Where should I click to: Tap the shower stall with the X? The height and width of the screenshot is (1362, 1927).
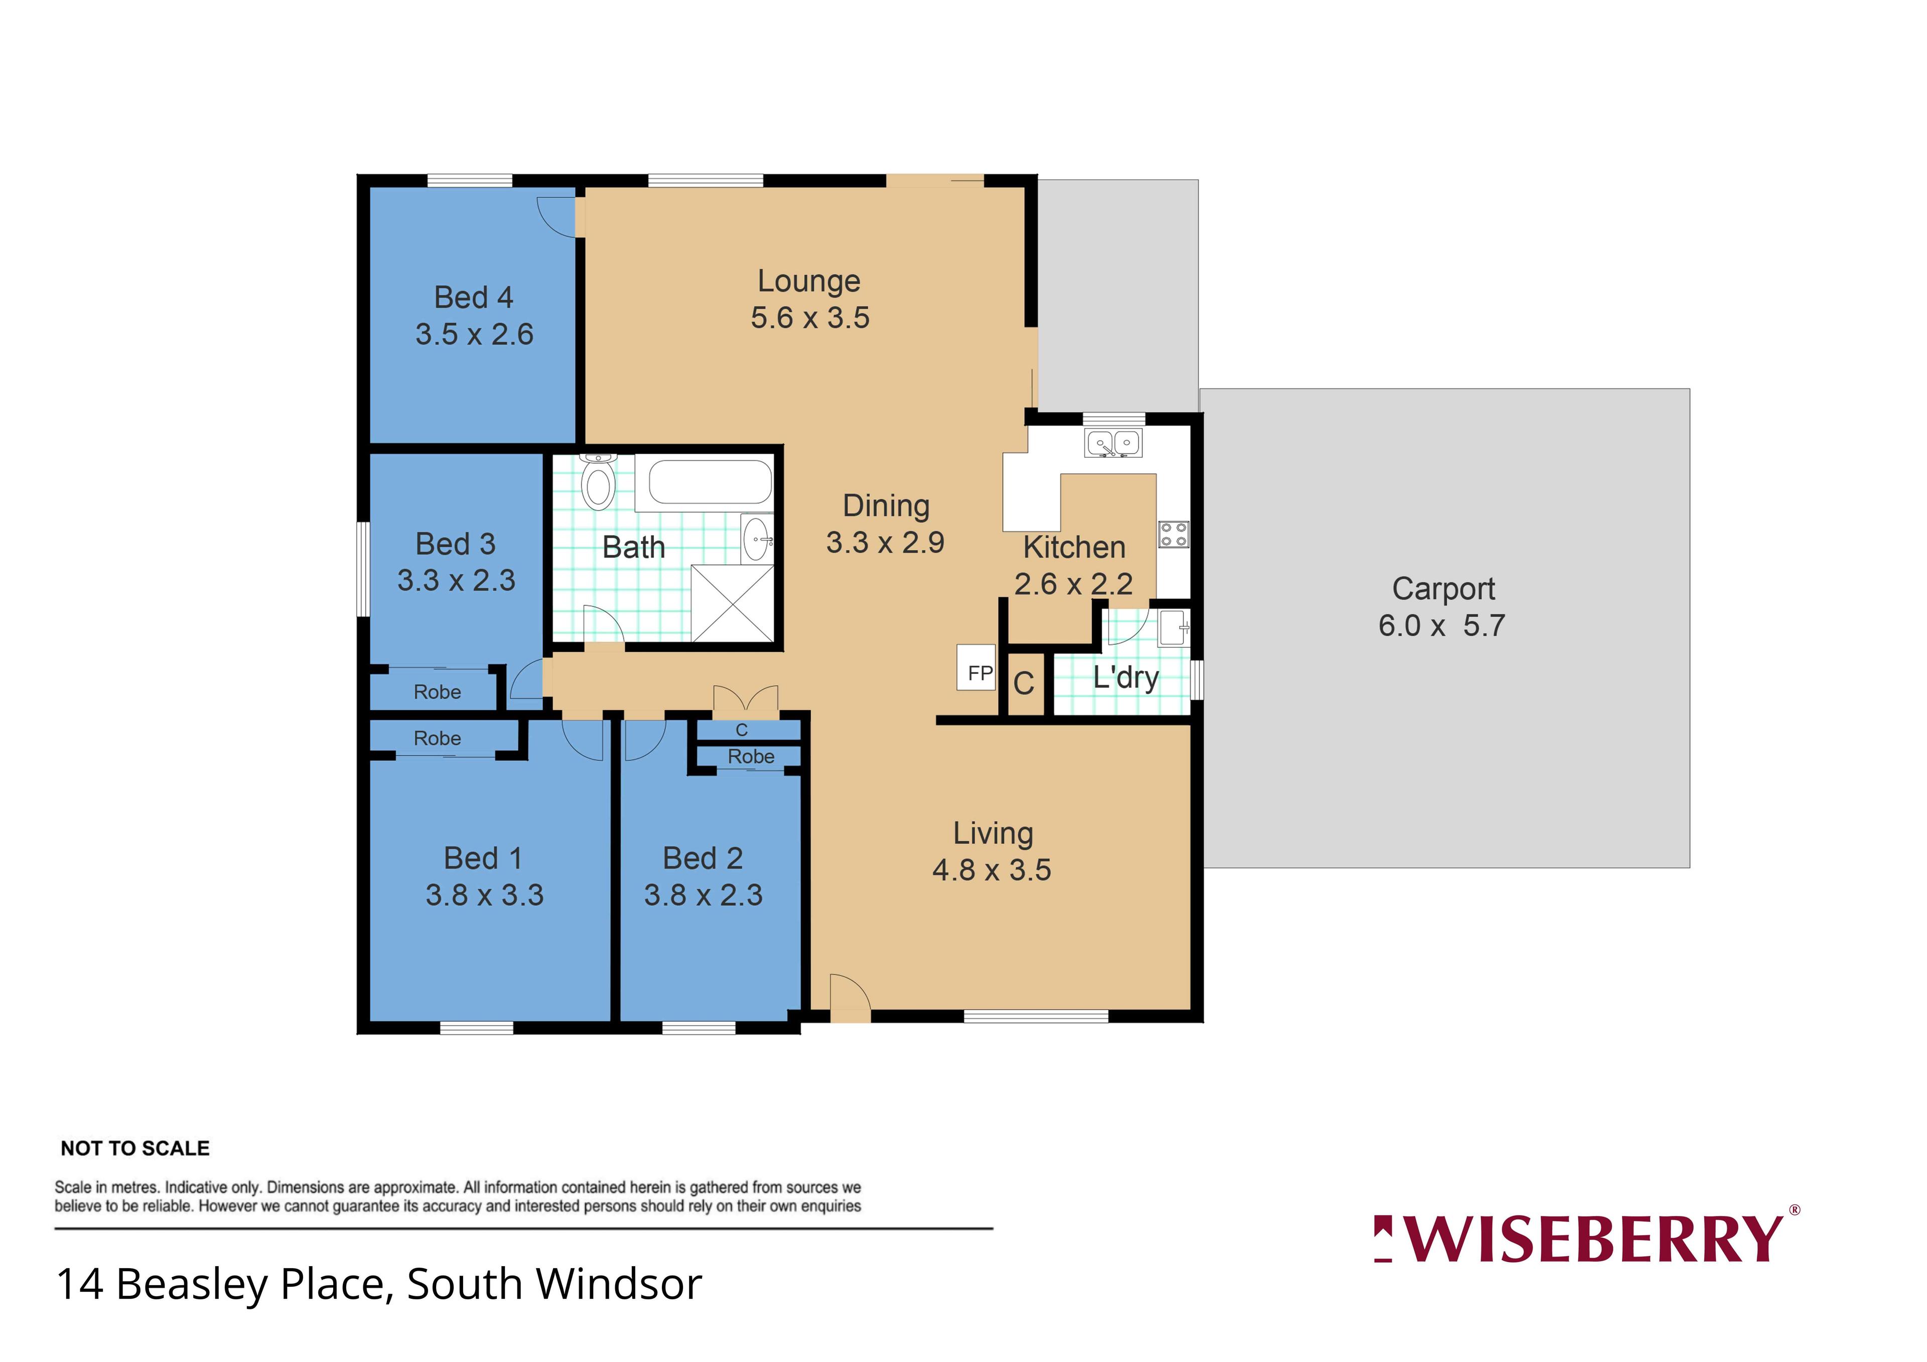tap(732, 603)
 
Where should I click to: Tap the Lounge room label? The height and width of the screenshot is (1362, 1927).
tap(809, 281)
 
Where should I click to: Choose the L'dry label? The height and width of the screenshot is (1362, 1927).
tap(1126, 677)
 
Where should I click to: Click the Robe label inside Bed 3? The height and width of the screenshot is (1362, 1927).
tap(437, 693)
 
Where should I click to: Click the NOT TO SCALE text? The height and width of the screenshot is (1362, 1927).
tap(135, 1148)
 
